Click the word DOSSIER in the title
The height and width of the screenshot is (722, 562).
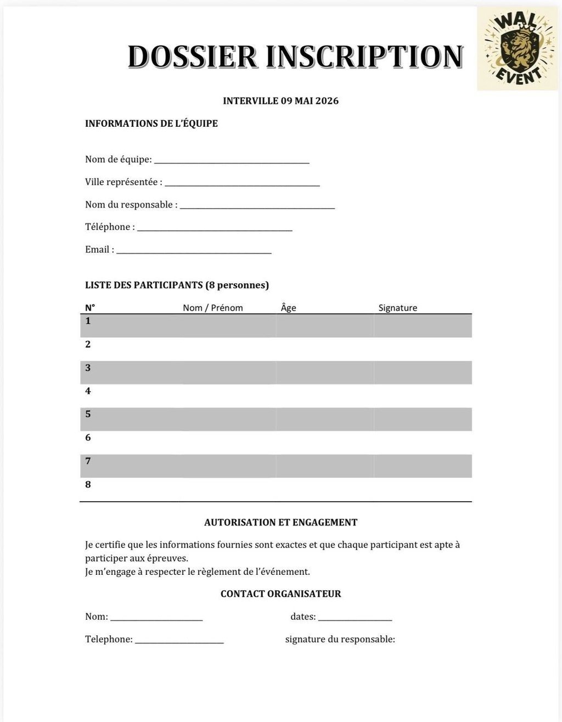point(192,57)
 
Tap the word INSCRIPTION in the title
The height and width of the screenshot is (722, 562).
point(364,57)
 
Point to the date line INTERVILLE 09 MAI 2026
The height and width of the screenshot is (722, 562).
point(280,101)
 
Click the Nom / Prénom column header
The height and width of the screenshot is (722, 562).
point(213,307)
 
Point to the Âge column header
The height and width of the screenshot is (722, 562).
point(288,307)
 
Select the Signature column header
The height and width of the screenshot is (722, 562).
point(398,307)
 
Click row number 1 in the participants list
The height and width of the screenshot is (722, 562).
point(88,321)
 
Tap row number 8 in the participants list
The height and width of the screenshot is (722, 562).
point(88,484)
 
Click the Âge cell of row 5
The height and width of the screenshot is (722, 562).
point(325,419)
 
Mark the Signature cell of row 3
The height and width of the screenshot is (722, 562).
point(423,372)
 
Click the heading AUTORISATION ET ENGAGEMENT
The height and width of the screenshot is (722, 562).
point(280,523)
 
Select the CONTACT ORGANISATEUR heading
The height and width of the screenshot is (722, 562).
point(280,594)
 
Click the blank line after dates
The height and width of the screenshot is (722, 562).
point(355,618)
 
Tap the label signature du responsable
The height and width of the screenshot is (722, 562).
point(340,639)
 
